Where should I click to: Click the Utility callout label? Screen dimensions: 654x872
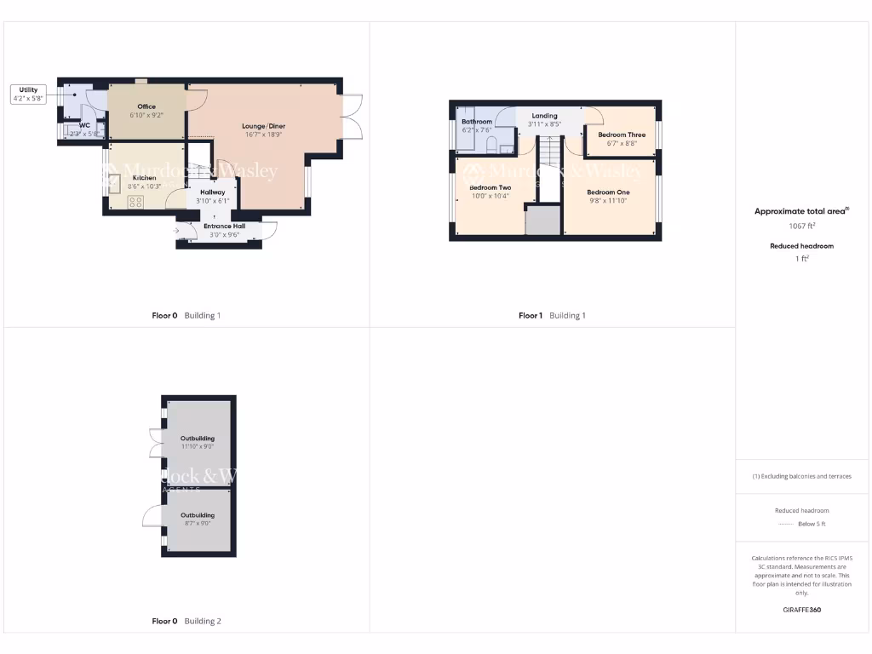[28, 94]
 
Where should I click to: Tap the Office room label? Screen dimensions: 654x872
[146, 106]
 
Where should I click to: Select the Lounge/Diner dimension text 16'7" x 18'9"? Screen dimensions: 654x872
[263, 135]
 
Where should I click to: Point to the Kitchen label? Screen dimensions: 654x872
[144, 178]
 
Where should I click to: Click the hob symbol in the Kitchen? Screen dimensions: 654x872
[135, 202]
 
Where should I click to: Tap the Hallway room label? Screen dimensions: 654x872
[212, 192]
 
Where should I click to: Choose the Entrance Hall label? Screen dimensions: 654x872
[224, 226]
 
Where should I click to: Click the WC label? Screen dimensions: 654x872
[84, 125]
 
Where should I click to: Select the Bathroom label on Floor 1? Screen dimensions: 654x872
[477, 122]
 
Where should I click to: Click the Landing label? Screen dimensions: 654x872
[544, 116]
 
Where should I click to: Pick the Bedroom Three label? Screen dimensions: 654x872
[622, 135]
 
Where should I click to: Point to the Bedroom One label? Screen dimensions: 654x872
[608, 192]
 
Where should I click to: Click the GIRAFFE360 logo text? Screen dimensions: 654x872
[801, 610]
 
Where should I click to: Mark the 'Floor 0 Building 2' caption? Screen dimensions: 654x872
[186, 622]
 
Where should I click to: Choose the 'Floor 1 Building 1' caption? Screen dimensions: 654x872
[552, 316]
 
